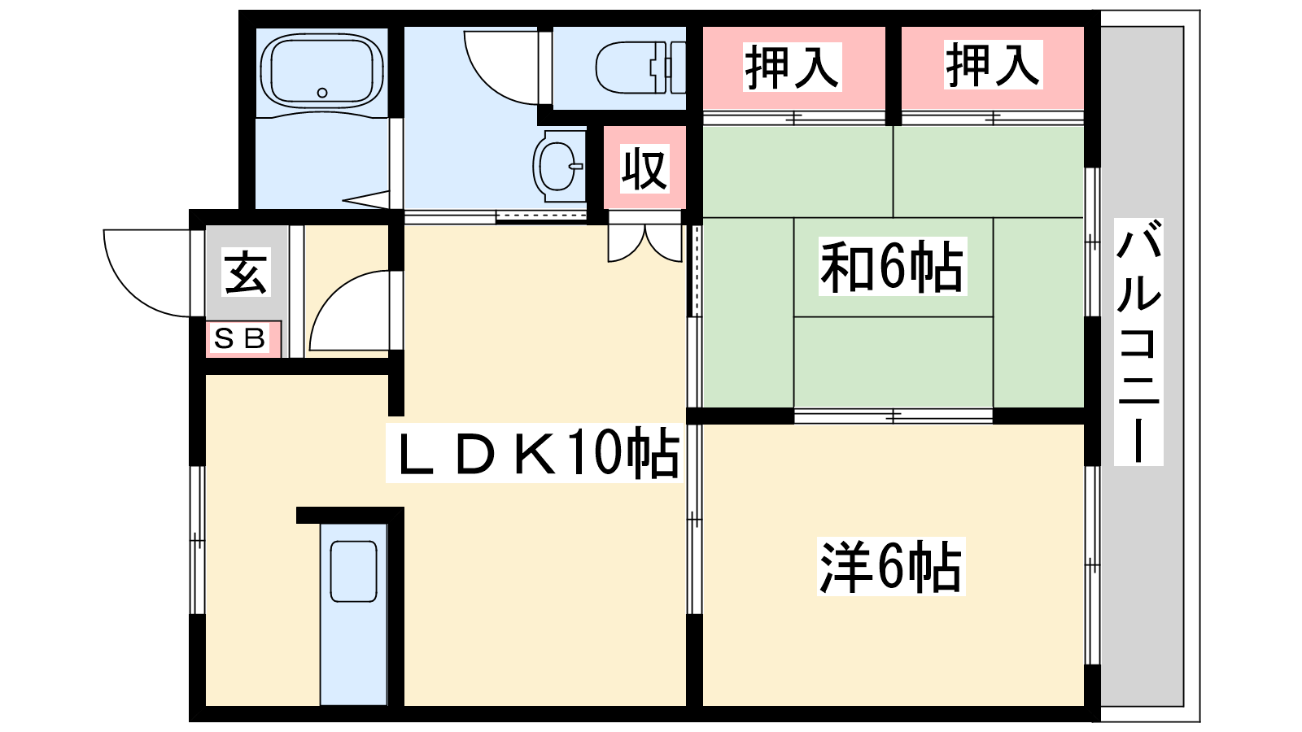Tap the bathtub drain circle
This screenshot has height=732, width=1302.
[x=322, y=93]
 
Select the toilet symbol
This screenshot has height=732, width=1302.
[x=640, y=68]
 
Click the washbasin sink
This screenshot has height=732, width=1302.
[x=558, y=166]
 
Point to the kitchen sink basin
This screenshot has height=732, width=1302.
[x=353, y=571]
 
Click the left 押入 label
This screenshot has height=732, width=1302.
[x=793, y=67]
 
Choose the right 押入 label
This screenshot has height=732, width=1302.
[x=993, y=64]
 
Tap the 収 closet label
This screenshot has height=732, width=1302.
[x=644, y=168]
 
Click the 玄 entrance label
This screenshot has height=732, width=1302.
[x=247, y=272]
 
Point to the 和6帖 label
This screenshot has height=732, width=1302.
[x=893, y=267]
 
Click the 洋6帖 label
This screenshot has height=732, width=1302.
[x=891, y=566]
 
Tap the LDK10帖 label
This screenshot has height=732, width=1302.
[x=535, y=453]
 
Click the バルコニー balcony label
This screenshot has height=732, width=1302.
[x=1138, y=342]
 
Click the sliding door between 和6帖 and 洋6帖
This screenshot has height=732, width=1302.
[x=893, y=416]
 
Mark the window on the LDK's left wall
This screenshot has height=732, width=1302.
[x=198, y=540]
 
